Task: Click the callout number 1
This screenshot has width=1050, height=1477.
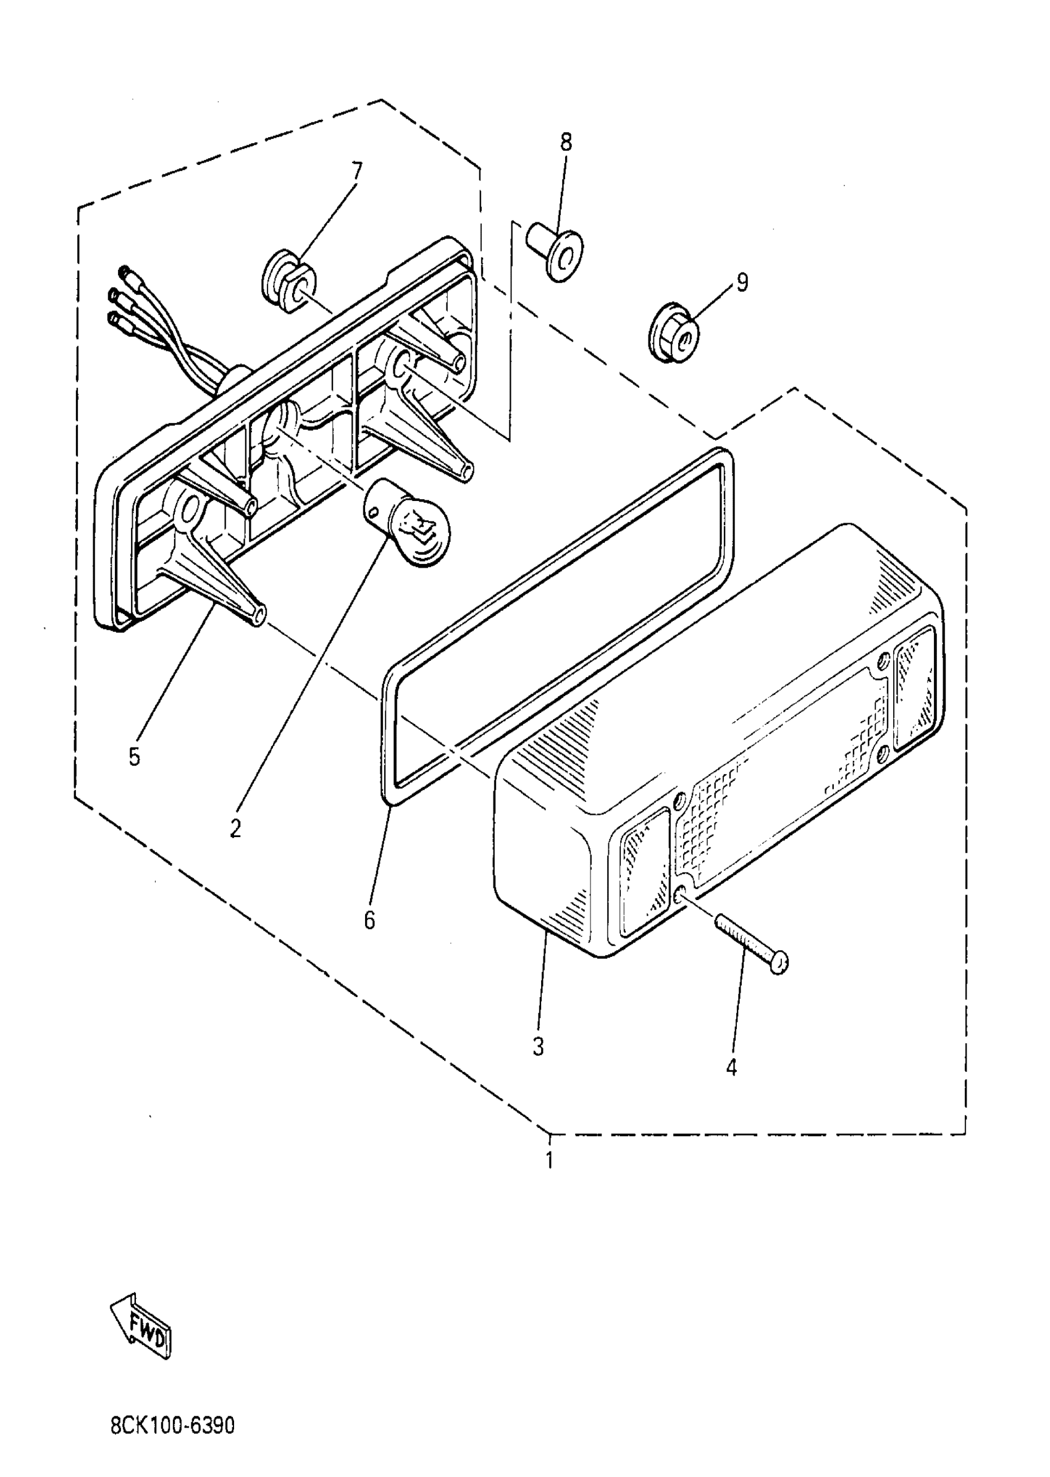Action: (550, 1160)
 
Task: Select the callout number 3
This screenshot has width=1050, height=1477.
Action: (539, 1046)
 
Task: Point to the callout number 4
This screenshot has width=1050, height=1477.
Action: (731, 1067)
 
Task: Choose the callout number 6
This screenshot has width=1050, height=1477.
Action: (369, 920)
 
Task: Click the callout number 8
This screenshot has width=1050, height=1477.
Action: (566, 141)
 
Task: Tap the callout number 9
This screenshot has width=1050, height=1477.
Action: (742, 282)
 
